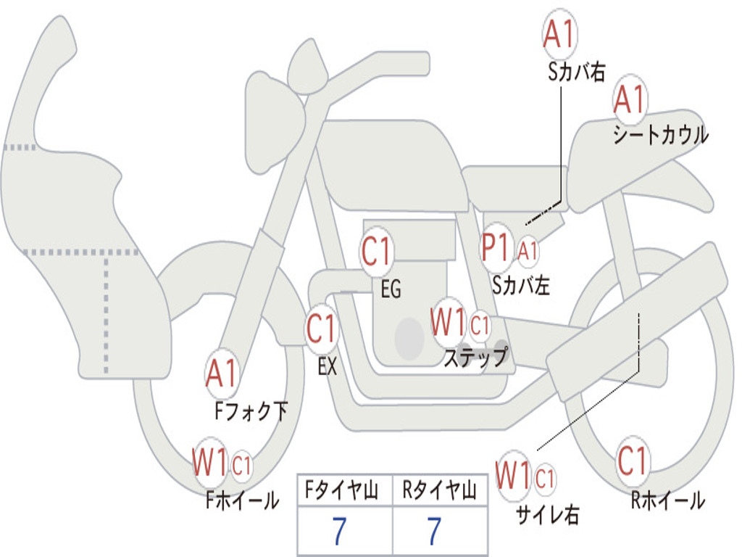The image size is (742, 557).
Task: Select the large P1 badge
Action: coord(498,249)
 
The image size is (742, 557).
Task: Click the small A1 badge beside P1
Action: coord(528,250)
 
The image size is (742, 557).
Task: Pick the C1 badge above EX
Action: coord(322,330)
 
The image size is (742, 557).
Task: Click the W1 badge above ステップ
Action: coord(449,322)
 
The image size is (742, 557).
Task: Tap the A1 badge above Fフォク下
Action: coord(221,374)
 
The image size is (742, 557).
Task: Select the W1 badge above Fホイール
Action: coord(210,462)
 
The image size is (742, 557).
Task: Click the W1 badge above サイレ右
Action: coord(514,476)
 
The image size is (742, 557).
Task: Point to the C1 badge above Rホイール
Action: coord(633,461)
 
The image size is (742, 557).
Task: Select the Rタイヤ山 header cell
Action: coord(439,491)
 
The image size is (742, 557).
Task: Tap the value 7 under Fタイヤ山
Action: coord(339,532)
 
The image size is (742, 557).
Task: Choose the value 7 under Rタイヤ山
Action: coord(434,532)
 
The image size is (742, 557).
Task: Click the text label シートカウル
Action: coord(660,136)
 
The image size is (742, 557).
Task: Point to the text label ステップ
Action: coord(475,357)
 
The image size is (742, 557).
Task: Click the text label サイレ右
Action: coord(547,514)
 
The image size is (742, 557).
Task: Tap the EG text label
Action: coord(391,289)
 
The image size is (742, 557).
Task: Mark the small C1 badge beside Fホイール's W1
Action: coord(242,465)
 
